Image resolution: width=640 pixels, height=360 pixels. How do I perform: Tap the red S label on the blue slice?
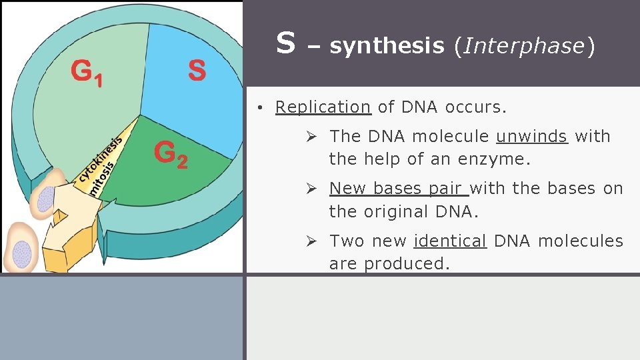197,70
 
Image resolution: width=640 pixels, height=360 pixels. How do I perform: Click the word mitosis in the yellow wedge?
102,177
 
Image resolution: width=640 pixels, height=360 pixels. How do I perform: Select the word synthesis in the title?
387,45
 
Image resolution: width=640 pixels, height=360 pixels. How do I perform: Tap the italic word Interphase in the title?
523,45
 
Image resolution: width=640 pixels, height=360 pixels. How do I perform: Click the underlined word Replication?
323,107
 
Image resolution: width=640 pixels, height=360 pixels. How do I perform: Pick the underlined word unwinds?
531,136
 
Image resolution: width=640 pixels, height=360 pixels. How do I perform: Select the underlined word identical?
451,241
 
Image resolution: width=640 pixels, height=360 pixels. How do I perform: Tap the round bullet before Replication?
264,107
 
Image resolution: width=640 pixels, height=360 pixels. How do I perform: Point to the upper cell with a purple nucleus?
47,196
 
